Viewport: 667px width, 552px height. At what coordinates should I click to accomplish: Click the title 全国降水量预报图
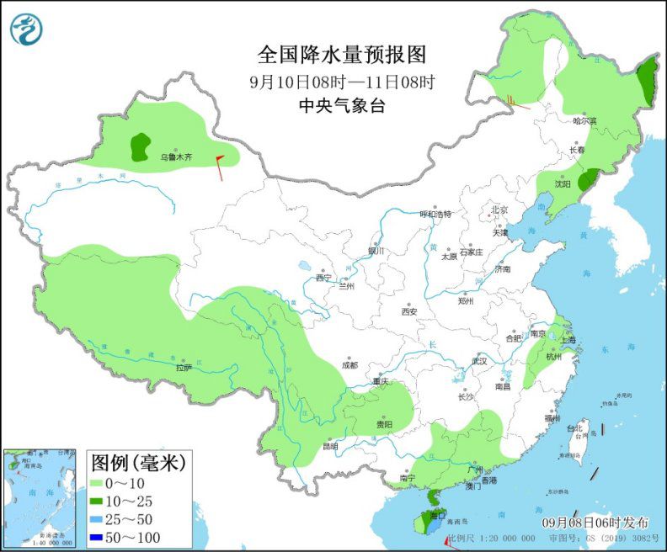(x=342, y=55)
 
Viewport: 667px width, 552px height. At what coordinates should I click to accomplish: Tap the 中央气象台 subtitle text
(x=342, y=105)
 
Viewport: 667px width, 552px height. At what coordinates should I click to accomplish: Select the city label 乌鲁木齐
(x=177, y=157)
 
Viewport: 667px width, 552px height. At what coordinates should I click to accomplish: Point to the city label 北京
(x=499, y=210)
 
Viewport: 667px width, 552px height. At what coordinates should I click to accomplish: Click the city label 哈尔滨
(x=584, y=121)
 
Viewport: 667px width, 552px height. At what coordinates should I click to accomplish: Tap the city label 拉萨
(x=184, y=368)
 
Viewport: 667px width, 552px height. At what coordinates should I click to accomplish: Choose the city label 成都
(x=350, y=365)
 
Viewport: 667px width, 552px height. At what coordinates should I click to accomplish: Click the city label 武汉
(x=480, y=360)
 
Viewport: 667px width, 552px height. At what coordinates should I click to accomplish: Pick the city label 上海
(x=568, y=340)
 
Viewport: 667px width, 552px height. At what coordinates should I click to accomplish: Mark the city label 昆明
(x=328, y=446)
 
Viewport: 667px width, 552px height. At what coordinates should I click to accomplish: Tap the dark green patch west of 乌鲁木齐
(x=140, y=146)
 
